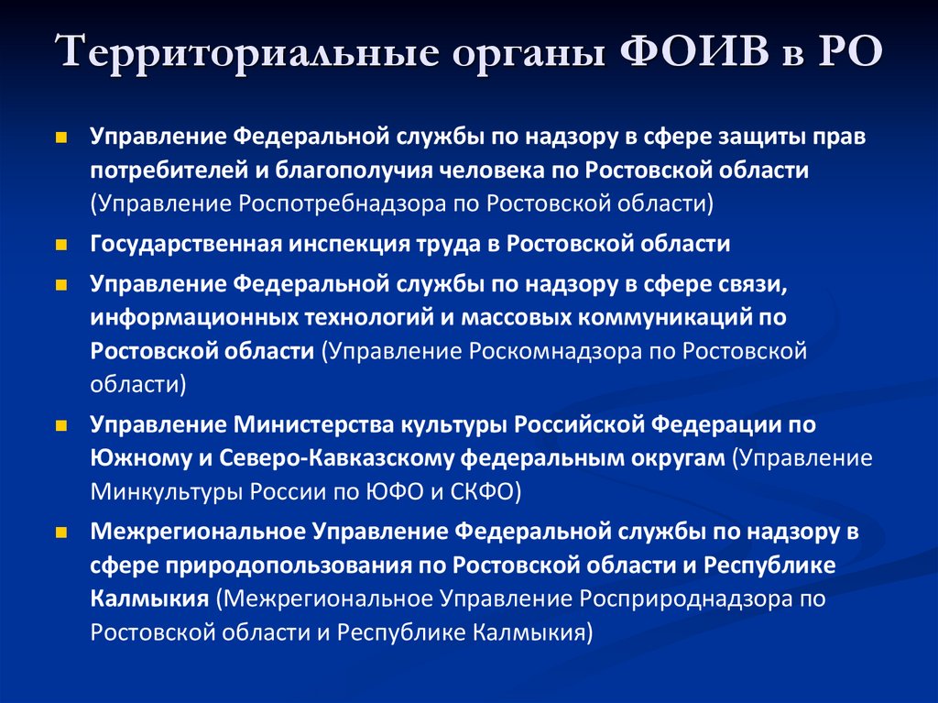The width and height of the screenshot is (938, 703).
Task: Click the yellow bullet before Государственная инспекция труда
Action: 61,245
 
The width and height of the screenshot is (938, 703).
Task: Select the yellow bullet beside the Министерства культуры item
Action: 61,426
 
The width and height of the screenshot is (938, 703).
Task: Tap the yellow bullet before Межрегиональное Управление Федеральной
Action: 61,531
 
